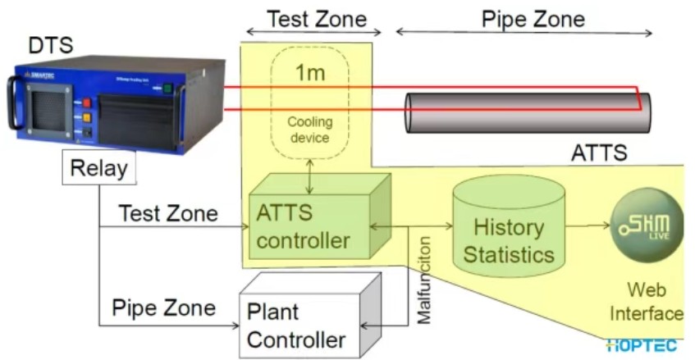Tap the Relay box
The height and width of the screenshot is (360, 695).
98,169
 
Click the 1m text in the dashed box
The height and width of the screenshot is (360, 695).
309,73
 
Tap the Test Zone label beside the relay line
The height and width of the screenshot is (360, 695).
168,214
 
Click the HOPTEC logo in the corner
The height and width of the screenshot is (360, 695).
643,346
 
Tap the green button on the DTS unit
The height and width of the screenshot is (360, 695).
168,88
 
